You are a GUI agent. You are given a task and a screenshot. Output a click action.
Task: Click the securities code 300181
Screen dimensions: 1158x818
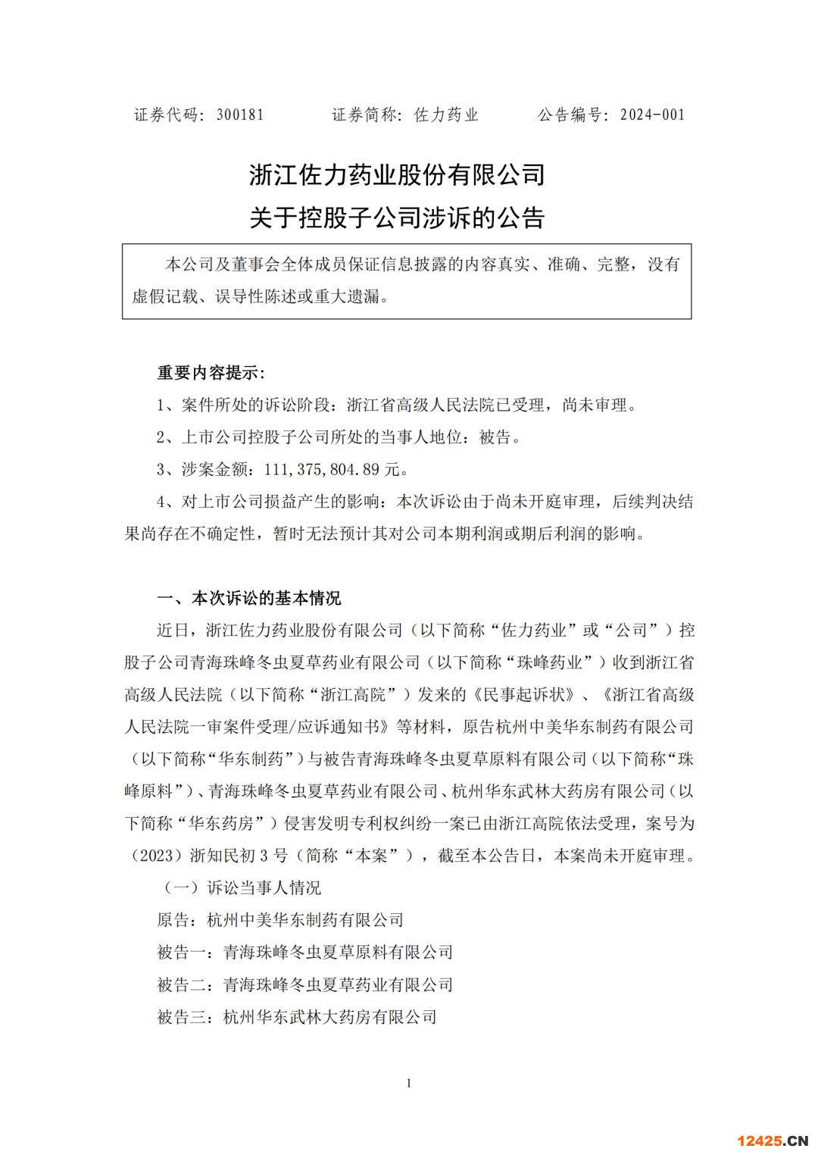pyautogui.click(x=240, y=115)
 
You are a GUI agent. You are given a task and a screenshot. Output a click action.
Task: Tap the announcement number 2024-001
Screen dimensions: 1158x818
pyautogui.click(x=652, y=115)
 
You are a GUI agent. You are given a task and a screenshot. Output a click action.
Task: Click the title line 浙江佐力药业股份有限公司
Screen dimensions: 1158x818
pyautogui.click(x=397, y=175)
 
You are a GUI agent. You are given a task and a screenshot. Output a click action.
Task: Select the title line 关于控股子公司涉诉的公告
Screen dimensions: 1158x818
pyautogui.click(x=397, y=218)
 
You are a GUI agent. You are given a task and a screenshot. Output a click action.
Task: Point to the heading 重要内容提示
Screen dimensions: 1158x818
pyautogui.click(x=210, y=373)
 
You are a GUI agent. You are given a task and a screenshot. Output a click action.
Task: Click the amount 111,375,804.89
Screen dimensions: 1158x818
pyautogui.click(x=321, y=470)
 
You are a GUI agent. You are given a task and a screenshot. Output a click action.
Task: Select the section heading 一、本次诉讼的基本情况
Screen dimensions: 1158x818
pyautogui.click(x=249, y=599)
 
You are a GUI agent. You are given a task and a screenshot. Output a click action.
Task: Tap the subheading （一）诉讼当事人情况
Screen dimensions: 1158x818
pyautogui.click(x=242, y=888)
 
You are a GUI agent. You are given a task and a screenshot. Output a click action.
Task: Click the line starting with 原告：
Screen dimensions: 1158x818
pyautogui.click(x=280, y=921)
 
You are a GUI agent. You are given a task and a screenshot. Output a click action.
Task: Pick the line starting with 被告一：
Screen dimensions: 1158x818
pyautogui.click(x=304, y=953)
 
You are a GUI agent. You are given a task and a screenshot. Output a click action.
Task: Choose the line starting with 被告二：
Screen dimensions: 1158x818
pyautogui.click(x=304, y=985)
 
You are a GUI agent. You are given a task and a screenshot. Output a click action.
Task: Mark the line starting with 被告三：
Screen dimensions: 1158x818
pyautogui.click(x=297, y=1017)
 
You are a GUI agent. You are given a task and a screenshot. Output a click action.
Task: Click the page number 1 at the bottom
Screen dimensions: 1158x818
pyautogui.click(x=409, y=1084)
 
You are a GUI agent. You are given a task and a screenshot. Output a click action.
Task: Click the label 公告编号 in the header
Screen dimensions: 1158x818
pyautogui.click(x=570, y=115)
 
